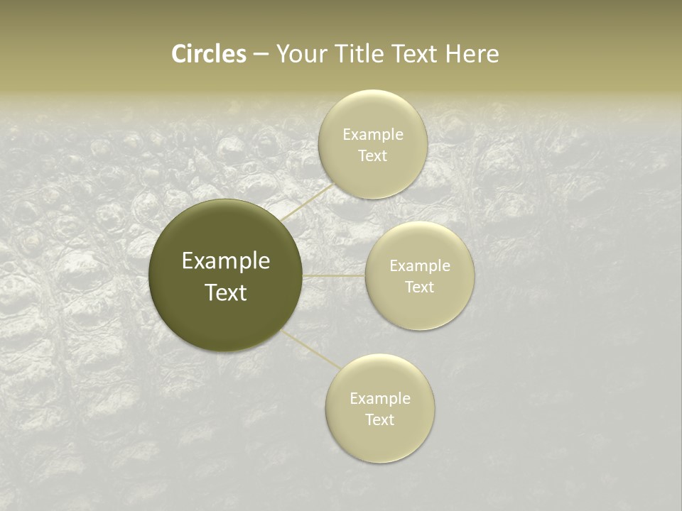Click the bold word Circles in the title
[x=209, y=54]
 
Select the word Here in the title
[x=472, y=54]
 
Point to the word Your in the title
[x=301, y=54]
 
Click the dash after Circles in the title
[x=261, y=55]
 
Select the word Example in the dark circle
[x=226, y=261]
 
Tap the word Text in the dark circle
[x=226, y=292]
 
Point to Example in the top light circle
[x=373, y=135]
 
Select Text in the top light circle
[x=372, y=156]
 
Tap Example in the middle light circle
[x=420, y=266]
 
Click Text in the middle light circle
[x=420, y=287]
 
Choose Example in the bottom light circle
[x=380, y=399]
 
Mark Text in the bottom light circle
[x=380, y=419]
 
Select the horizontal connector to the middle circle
[x=334, y=275]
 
